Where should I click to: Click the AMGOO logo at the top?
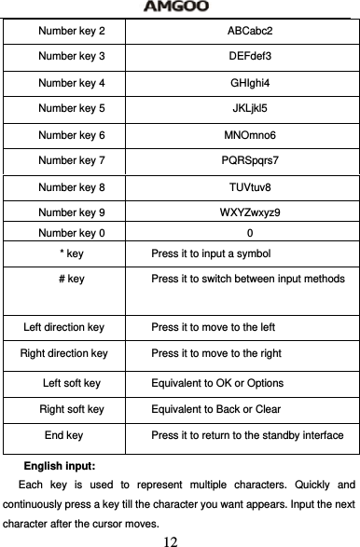[180, 7]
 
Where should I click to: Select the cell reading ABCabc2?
[250, 31]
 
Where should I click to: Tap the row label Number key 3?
[71, 57]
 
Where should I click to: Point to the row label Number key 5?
[71, 109]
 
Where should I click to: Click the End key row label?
[63, 435]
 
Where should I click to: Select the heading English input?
[64, 464]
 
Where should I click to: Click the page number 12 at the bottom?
[171, 540]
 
